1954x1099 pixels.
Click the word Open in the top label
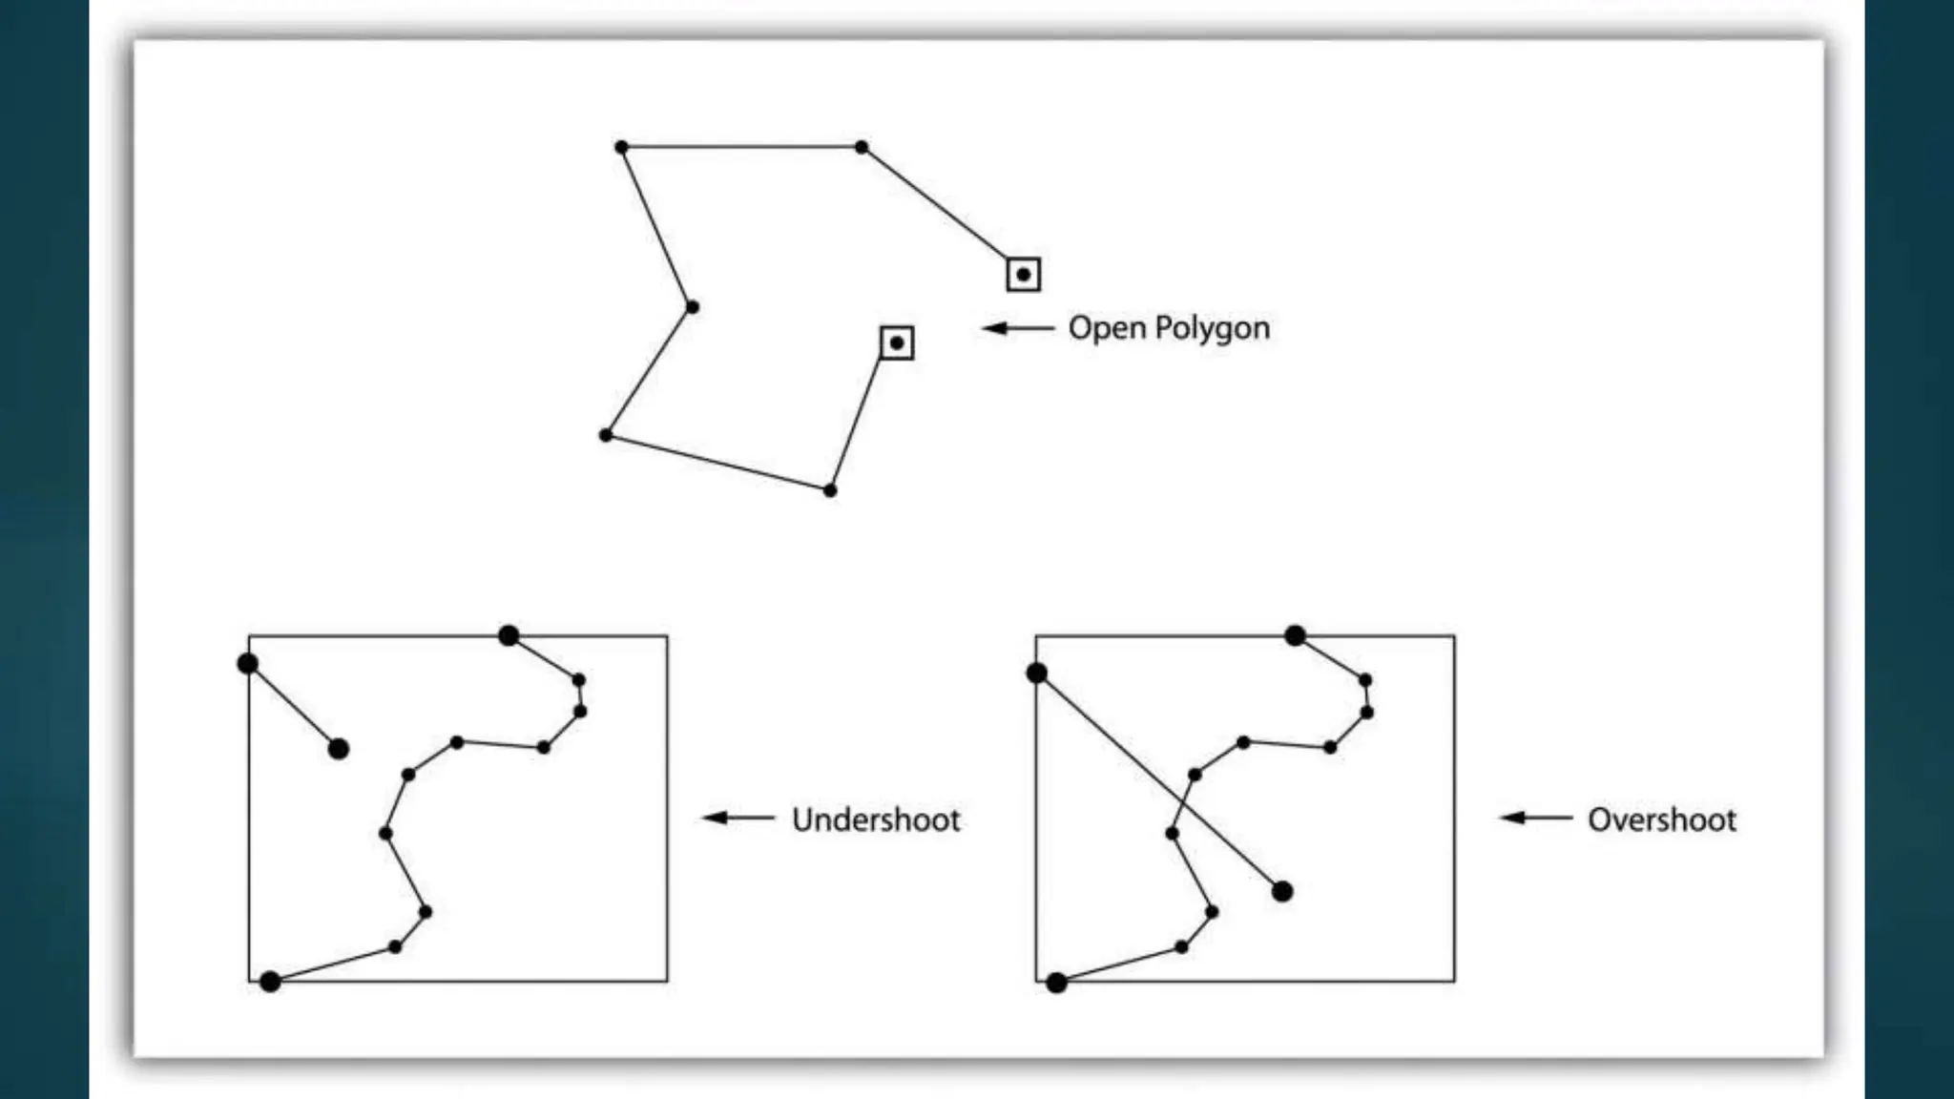(1107, 328)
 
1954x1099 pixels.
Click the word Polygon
(1212, 329)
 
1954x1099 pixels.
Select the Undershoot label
(876, 819)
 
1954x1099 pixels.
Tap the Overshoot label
(1661, 819)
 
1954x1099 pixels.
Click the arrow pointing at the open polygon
(1018, 328)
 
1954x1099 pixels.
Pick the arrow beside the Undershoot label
(738, 818)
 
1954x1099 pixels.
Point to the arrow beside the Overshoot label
(1535, 818)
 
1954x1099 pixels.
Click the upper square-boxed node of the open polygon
(1024, 275)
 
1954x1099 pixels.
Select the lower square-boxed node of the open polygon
(897, 342)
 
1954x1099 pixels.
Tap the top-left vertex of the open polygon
(621, 147)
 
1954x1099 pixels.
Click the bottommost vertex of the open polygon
(830, 490)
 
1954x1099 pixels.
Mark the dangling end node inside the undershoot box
(338, 749)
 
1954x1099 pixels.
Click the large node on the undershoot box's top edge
(509, 635)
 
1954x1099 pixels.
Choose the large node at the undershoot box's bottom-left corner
(270, 981)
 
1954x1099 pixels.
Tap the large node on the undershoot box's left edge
(248, 663)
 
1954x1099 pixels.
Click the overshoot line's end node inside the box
(1282, 891)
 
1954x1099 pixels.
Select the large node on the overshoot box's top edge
(1295, 635)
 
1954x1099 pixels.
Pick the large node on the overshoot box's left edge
(1037, 674)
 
